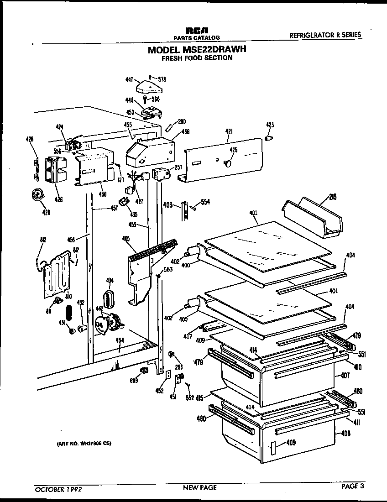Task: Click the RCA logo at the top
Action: click(196, 30)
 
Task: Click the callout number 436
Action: click(185, 132)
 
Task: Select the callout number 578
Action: click(162, 79)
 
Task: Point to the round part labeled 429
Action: click(37, 195)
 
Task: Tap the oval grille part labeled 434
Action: click(109, 299)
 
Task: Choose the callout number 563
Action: click(168, 269)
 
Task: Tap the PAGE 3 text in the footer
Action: click(353, 486)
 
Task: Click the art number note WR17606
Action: click(84, 443)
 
